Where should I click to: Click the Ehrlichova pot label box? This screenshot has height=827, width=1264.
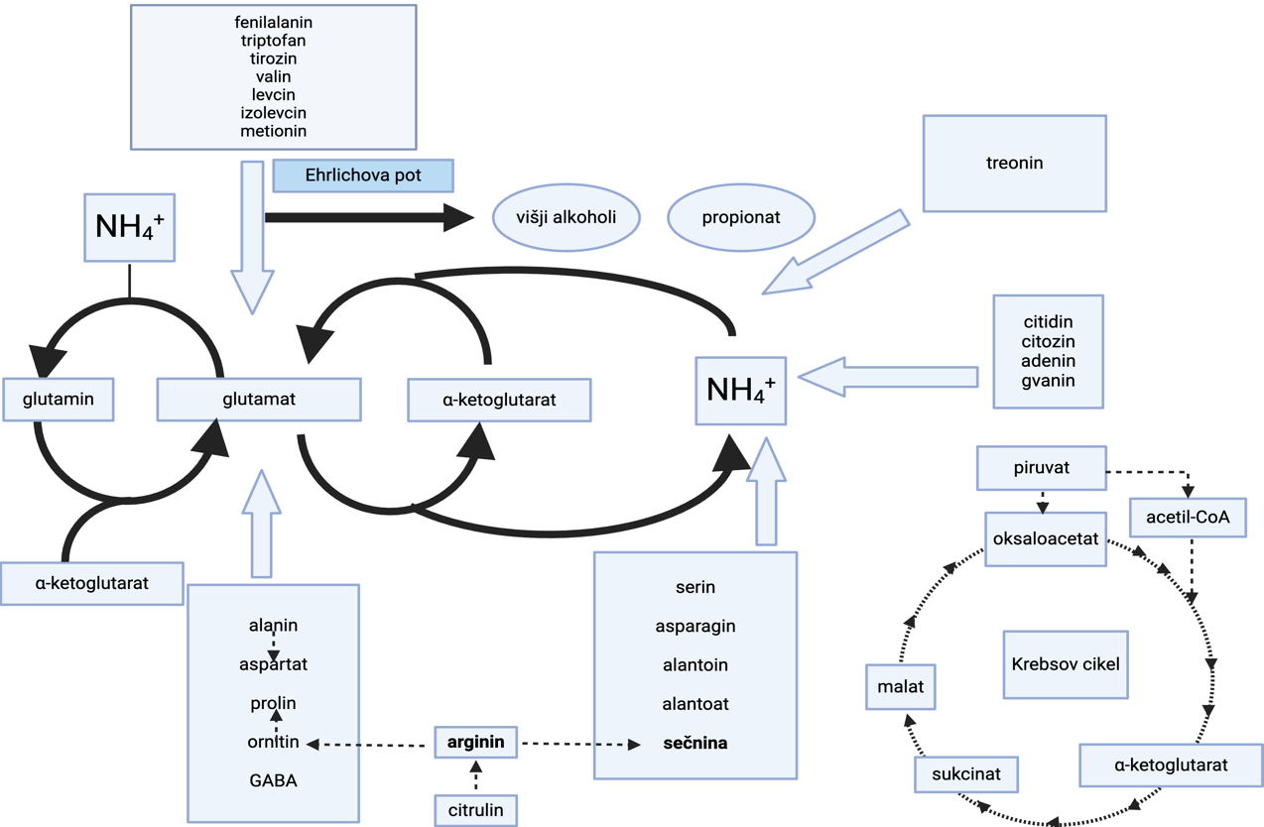pyautogui.click(x=363, y=176)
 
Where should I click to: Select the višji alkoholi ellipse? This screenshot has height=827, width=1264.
pyautogui.click(x=566, y=216)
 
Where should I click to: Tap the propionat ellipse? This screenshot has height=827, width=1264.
pyautogui.click(x=741, y=216)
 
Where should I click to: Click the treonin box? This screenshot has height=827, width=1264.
pyautogui.click(x=1014, y=163)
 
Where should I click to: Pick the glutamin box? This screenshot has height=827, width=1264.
pyautogui.click(x=59, y=400)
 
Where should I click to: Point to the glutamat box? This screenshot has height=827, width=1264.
pyautogui.click(x=259, y=400)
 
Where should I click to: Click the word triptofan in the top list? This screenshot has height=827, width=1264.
pyautogui.click(x=273, y=41)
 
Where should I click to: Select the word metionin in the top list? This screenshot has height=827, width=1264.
pyautogui.click(x=273, y=131)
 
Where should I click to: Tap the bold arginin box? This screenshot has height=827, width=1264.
pyautogui.click(x=476, y=742)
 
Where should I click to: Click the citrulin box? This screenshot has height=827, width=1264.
pyautogui.click(x=476, y=810)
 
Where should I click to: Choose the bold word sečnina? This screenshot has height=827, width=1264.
pyautogui.click(x=695, y=743)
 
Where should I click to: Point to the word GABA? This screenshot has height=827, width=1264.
pyautogui.click(x=273, y=780)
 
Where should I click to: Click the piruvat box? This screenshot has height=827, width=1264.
pyautogui.click(x=1042, y=467)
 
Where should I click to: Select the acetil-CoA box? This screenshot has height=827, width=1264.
pyautogui.click(x=1188, y=517)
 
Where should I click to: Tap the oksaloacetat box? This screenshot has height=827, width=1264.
pyautogui.click(x=1046, y=538)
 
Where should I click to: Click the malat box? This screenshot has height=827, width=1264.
pyautogui.click(x=901, y=686)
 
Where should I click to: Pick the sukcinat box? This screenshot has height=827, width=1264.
pyautogui.click(x=965, y=773)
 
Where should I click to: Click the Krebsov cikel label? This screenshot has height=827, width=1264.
pyautogui.click(x=1066, y=664)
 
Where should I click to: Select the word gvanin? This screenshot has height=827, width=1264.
pyautogui.click(x=1048, y=381)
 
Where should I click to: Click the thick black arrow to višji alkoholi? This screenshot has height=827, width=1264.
pyautogui.click(x=367, y=217)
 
